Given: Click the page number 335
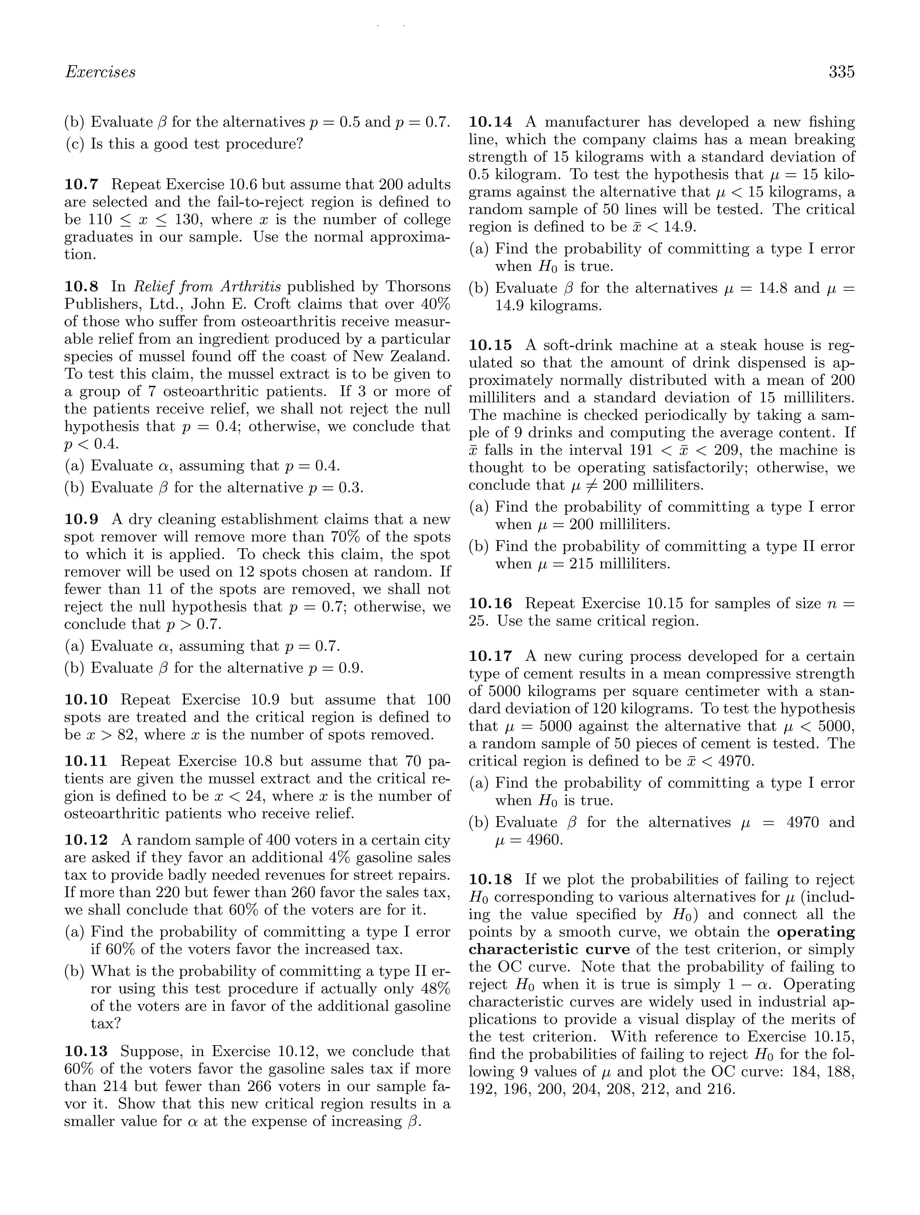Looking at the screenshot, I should coord(841,72).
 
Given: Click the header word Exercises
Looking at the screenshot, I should coord(100,72).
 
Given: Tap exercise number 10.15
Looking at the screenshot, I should coord(490,345).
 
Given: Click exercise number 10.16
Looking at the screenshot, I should coord(490,603).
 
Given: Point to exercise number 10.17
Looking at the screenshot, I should coord(490,656).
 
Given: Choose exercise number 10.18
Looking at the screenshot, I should coord(490,880).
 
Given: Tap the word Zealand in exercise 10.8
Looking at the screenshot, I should coord(421,356).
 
